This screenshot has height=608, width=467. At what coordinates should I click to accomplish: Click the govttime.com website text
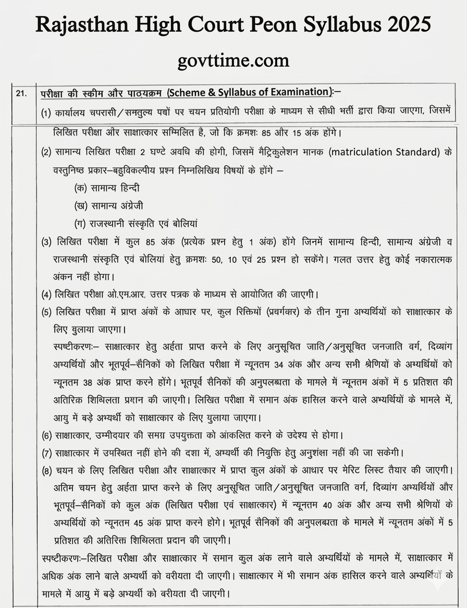click(233, 60)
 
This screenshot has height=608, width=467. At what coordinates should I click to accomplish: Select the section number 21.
click(21, 93)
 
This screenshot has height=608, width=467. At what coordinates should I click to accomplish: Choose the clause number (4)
click(46, 294)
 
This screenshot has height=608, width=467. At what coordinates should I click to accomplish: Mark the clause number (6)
click(46, 435)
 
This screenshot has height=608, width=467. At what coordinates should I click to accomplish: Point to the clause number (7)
click(46, 452)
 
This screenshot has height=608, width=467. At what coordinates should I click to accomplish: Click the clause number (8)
click(46, 470)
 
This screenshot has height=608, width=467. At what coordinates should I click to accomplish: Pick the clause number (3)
click(46, 241)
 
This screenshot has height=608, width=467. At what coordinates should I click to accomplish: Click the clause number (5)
click(46, 312)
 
